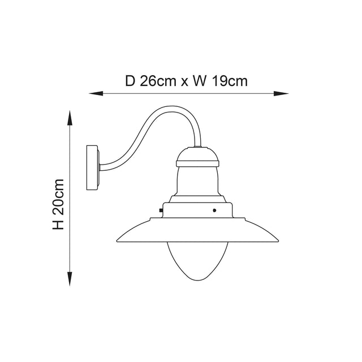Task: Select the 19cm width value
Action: (x=230, y=81)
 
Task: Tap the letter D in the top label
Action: (x=130, y=81)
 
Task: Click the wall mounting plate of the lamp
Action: (x=92, y=168)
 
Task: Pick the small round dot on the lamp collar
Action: (x=214, y=210)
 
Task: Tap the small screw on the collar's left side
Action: (x=162, y=211)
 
